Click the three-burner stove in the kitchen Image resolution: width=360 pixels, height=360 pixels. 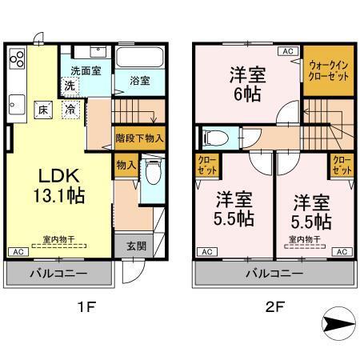[18, 60]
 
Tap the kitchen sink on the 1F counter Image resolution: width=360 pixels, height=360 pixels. [17, 102]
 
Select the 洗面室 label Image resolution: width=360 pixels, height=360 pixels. [86, 70]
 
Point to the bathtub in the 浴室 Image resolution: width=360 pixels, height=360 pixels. [140, 58]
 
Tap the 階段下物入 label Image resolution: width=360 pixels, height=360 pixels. [140, 138]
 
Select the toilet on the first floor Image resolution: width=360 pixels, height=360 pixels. [153, 173]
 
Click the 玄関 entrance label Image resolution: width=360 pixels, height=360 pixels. [135, 246]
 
